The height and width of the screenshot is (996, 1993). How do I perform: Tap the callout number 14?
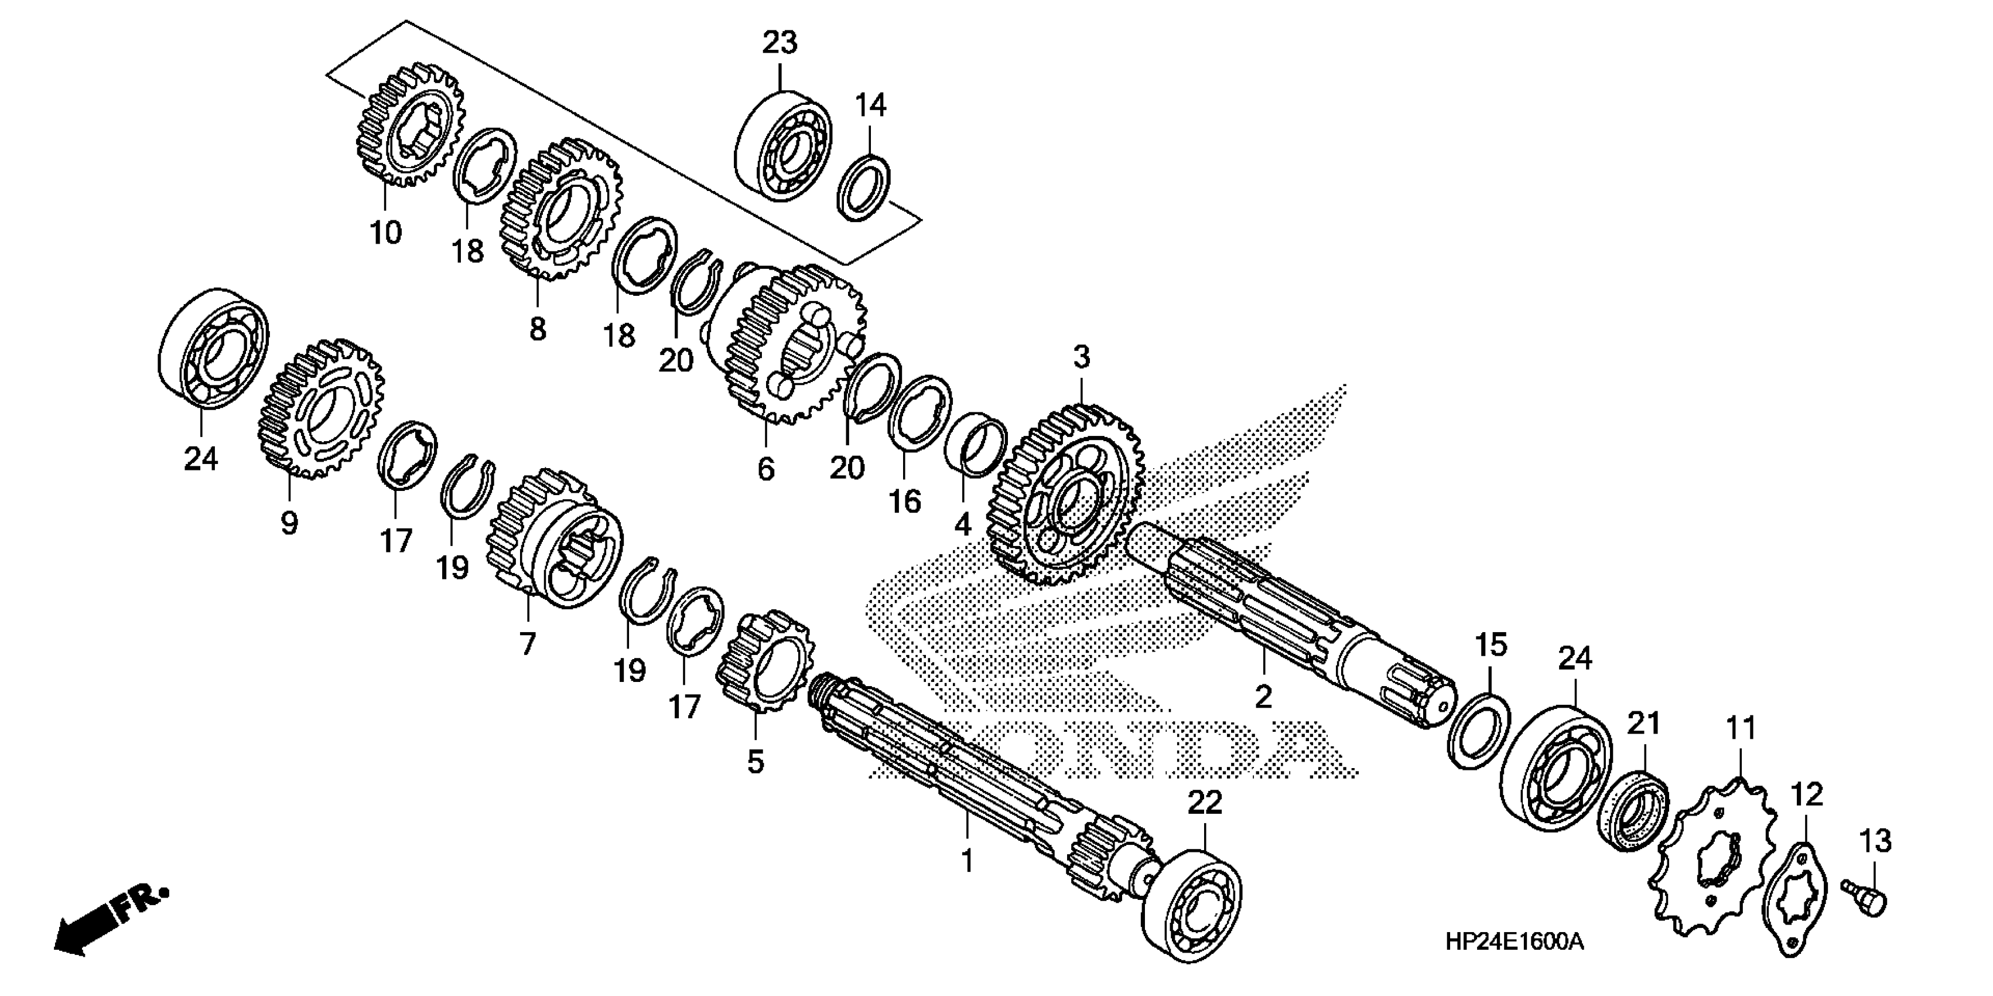pyautogui.click(x=870, y=105)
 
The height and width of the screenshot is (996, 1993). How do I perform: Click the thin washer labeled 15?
pyautogui.click(x=1479, y=731)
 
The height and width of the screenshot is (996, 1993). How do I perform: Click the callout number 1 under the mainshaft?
pyautogui.click(x=966, y=861)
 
